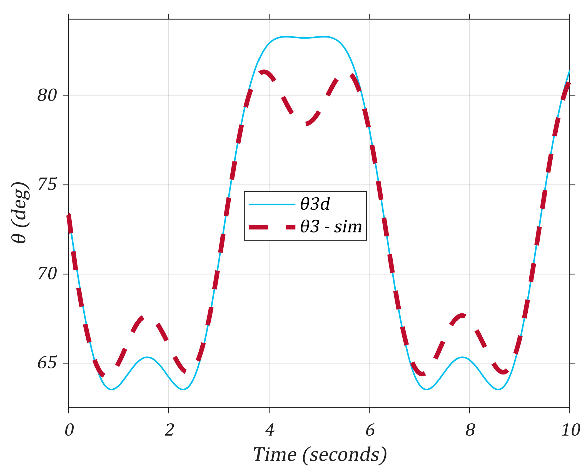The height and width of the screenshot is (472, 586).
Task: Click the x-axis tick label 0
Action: [69, 430]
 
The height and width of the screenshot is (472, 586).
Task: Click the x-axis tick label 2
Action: [169, 430]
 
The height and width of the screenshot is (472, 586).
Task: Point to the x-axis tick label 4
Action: [270, 430]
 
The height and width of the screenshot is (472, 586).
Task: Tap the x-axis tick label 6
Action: [370, 430]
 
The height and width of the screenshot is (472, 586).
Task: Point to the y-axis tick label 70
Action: [47, 274]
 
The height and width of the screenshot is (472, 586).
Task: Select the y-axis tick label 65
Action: [47, 363]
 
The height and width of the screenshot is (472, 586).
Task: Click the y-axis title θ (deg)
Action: [20, 213]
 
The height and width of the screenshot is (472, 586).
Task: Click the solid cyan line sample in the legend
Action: [272, 204]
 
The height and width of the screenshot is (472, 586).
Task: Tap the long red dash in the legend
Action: [258, 227]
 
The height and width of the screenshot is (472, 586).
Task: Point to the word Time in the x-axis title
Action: [275, 454]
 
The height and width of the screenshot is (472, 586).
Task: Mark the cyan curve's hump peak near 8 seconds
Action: [462, 357]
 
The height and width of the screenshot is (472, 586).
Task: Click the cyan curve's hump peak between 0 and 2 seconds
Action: [147, 357]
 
